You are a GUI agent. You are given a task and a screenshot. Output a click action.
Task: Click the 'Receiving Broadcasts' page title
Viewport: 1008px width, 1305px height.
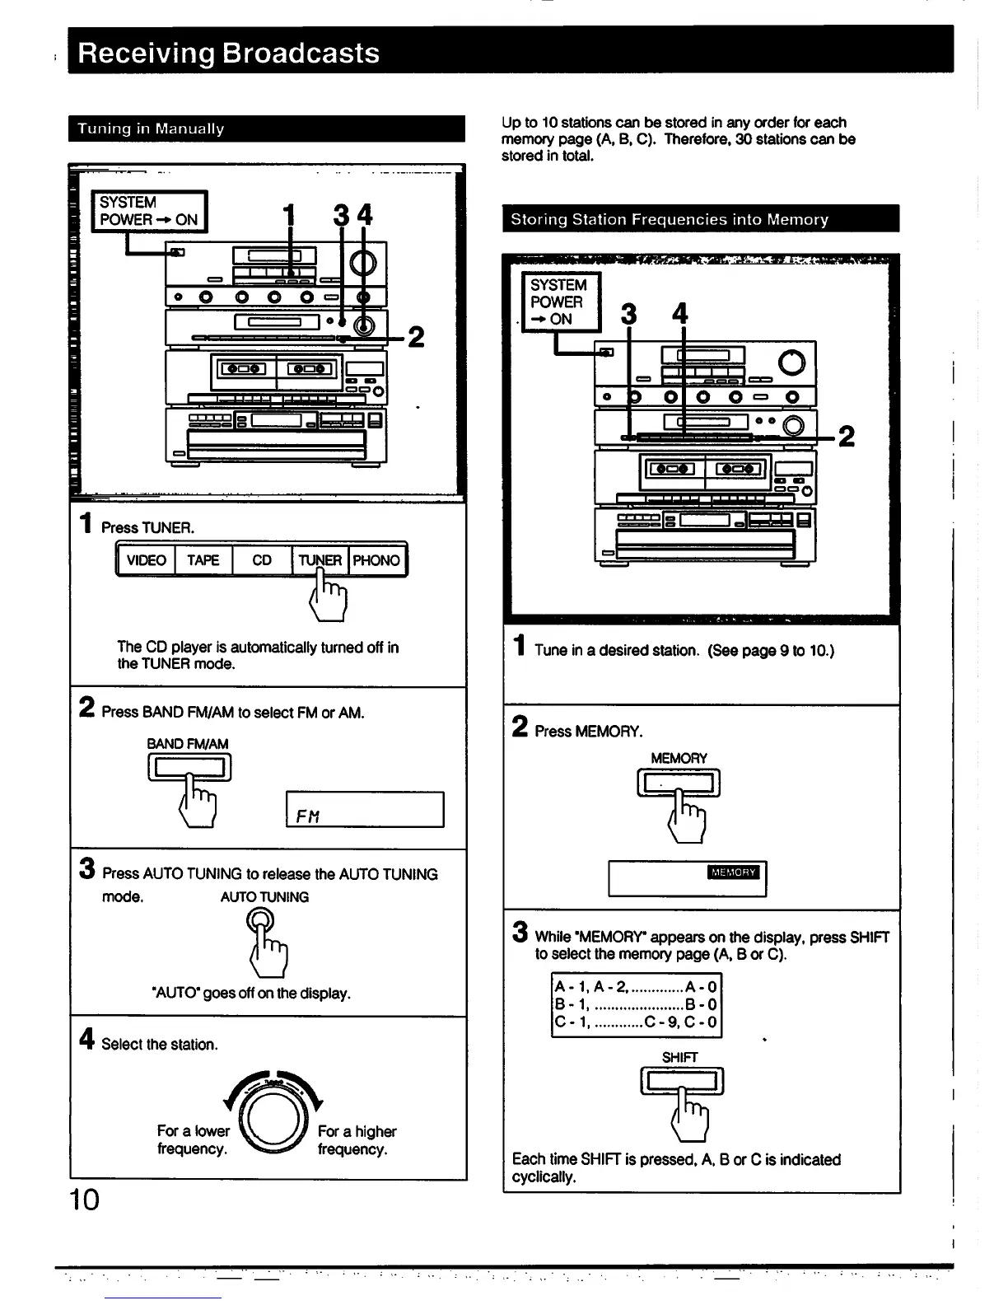(x=229, y=53)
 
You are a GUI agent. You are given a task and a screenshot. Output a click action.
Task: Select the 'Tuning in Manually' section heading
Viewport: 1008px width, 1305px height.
(x=151, y=129)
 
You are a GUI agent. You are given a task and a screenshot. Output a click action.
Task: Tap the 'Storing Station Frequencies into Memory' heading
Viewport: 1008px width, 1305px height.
(x=669, y=219)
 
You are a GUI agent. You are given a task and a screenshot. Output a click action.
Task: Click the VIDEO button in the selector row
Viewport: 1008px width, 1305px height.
(x=147, y=560)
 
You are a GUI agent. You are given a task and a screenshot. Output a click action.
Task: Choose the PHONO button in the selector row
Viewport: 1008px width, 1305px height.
(x=376, y=560)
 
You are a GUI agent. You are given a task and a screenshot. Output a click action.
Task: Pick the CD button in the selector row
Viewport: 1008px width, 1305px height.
(x=262, y=560)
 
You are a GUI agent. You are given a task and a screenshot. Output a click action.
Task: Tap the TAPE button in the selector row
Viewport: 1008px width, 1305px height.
(x=203, y=560)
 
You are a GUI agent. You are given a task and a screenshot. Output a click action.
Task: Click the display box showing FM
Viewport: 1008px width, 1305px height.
(x=364, y=809)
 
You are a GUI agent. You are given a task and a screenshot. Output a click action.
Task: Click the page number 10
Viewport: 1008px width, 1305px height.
(x=84, y=1200)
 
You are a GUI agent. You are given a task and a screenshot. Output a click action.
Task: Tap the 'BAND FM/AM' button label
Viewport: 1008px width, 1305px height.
(x=188, y=743)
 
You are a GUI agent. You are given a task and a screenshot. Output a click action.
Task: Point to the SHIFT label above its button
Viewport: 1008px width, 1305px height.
(x=679, y=1057)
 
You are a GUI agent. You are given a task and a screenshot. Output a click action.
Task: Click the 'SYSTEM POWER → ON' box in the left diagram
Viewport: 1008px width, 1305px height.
(x=149, y=211)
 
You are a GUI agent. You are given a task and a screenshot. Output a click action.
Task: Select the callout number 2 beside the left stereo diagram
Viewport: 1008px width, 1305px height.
(x=417, y=337)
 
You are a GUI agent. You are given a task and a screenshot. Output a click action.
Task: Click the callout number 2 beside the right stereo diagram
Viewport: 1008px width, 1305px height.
(x=846, y=436)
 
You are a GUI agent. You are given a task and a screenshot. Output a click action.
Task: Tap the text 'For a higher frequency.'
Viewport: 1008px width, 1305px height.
(x=357, y=1140)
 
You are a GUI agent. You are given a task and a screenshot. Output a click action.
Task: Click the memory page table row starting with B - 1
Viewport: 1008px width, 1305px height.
(x=635, y=1004)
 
